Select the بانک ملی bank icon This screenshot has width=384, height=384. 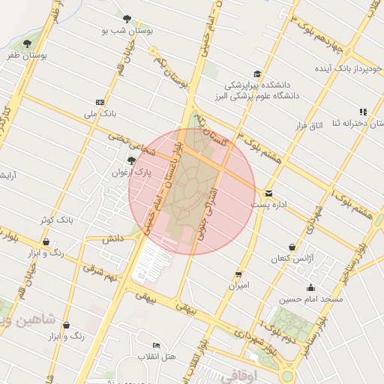pos(100,102)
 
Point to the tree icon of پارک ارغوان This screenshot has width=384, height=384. pos(131,160)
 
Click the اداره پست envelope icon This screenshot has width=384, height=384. pos(268,192)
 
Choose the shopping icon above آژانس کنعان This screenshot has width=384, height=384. pos(292,247)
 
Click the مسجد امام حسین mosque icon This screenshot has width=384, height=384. pos(310,287)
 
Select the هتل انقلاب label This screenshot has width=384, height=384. pos(157,356)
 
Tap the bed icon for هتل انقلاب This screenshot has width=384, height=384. pos(156,344)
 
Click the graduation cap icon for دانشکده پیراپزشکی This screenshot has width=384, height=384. pos(257,73)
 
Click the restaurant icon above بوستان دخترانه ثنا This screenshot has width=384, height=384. pos(363,112)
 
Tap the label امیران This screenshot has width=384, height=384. pos(238,286)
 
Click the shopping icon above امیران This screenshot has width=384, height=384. pos(238,274)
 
